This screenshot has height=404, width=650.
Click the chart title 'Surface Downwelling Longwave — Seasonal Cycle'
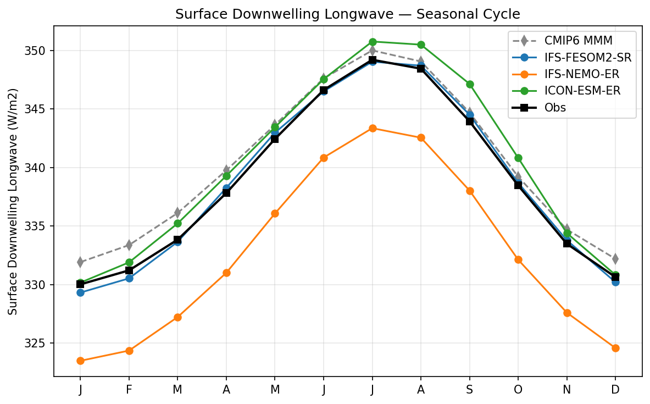coord(347,15)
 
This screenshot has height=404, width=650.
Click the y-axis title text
coord(13,201)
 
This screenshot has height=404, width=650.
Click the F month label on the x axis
coord(129,390)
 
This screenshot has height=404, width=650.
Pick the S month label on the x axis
coord(470,390)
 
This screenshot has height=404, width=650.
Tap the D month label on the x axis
coord(615,390)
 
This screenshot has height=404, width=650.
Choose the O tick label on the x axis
coord(518,390)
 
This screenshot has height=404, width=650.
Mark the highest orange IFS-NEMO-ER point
coord(373,128)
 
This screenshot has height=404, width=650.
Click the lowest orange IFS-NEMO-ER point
coord(80,361)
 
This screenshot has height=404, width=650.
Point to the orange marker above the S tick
coord(470,191)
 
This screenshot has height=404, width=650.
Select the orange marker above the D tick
coord(615,348)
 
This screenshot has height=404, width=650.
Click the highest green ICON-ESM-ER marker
coord(373,42)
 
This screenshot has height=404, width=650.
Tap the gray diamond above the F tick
coord(129,245)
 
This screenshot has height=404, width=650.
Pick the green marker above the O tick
coord(518,158)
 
